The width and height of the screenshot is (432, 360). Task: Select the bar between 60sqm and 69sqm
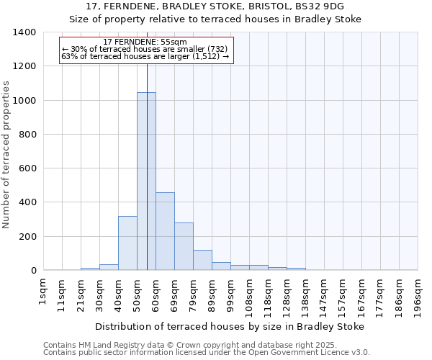click(165, 231)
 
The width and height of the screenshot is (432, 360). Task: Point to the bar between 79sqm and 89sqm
click(202, 260)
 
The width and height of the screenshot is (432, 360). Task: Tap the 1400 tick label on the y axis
click(24, 32)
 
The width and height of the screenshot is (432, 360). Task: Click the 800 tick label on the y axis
click(27, 135)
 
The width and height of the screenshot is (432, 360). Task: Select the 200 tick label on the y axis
click(27, 237)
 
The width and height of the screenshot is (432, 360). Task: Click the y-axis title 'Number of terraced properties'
click(7, 154)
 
